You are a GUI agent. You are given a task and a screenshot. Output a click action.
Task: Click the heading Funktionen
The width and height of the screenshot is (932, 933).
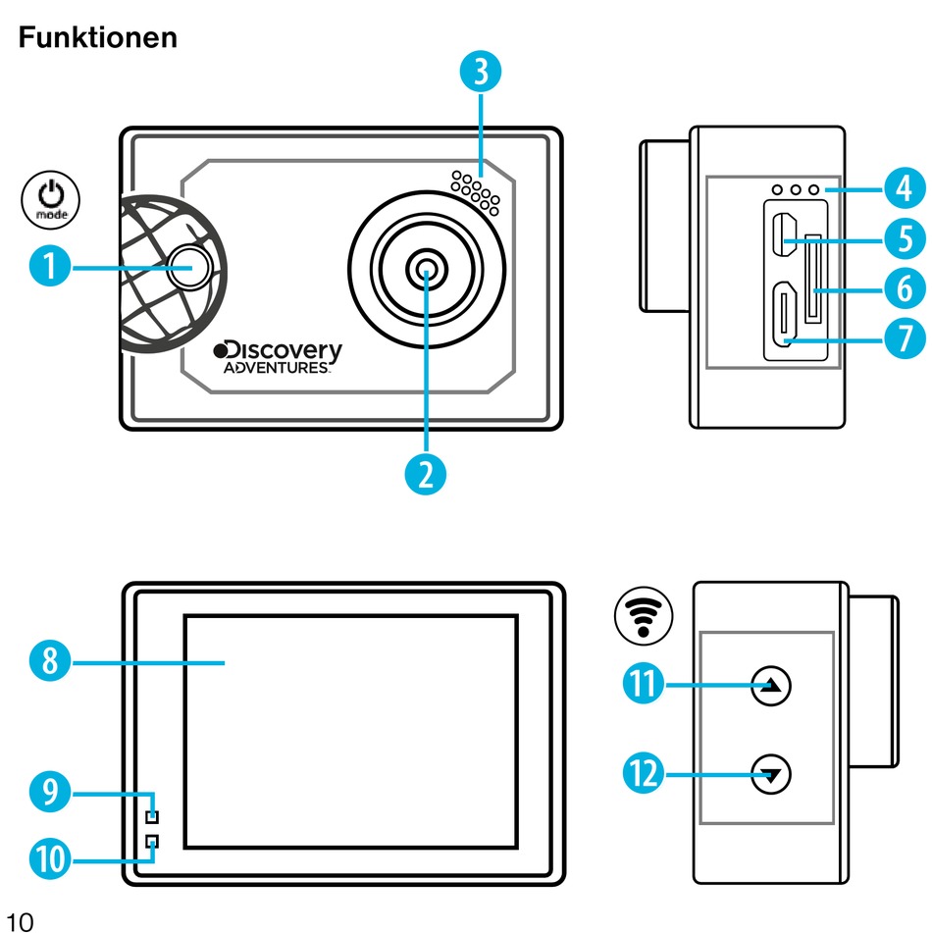pyautogui.click(x=97, y=37)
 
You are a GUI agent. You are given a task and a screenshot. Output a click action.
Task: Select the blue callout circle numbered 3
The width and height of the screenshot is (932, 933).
pyautogui.click(x=480, y=73)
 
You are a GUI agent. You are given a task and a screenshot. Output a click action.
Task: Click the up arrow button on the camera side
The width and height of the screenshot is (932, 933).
pyautogui.click(x=771, y=687)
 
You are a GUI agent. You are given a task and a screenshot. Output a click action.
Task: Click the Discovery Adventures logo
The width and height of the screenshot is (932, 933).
pyautogui.click(x=279, y=357)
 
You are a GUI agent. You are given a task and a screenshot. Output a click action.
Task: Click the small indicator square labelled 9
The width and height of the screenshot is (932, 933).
pyautogui.click(x=152, y=816)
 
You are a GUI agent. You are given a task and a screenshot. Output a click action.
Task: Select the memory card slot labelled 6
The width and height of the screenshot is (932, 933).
pyautogui.click(x=813, y=279)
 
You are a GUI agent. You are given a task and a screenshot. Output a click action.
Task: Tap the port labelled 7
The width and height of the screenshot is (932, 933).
pyautogui.click(x=784, y=315)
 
